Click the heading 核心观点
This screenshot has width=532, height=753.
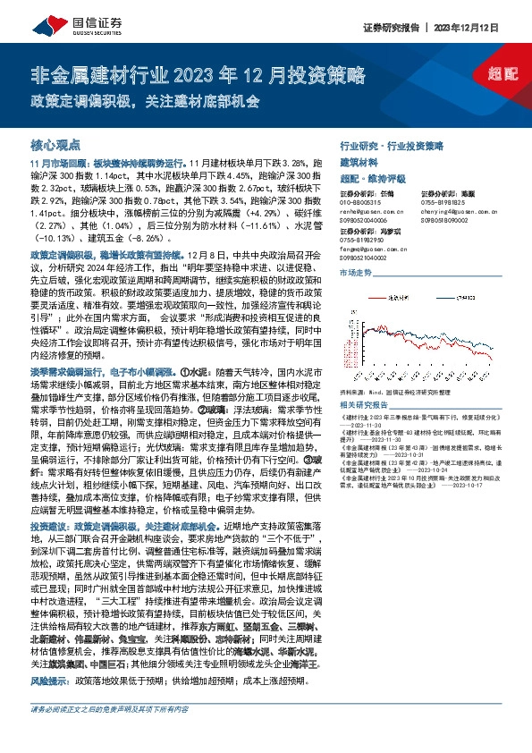point(55,145)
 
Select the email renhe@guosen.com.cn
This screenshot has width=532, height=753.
point(370,211)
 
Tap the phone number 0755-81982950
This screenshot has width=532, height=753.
point(361,240)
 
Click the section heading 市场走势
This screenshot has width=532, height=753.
point(355,272)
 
